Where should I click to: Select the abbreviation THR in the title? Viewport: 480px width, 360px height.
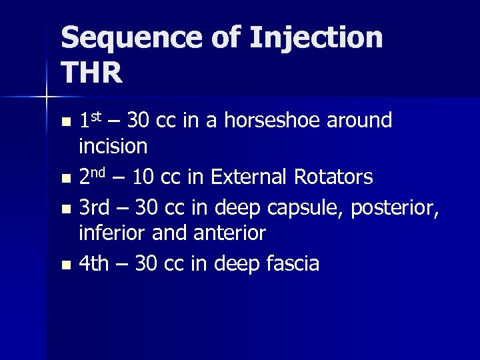point(92,73)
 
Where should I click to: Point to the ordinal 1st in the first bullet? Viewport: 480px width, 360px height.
point(90,121)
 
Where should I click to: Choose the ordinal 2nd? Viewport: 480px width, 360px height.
point(94,177)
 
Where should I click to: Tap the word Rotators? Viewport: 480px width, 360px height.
point(335,177)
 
